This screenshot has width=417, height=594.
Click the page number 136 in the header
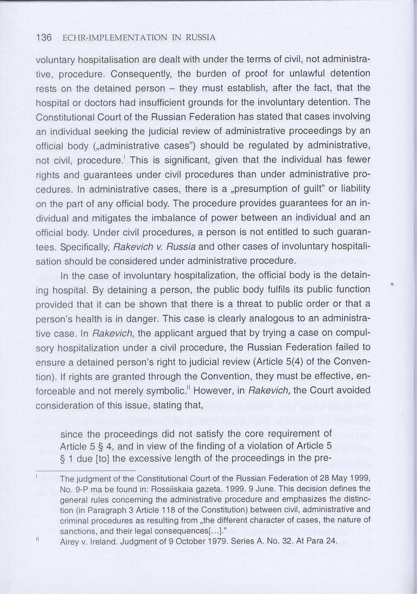coord(44,38)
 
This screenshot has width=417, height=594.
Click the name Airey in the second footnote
coord(69,542)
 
